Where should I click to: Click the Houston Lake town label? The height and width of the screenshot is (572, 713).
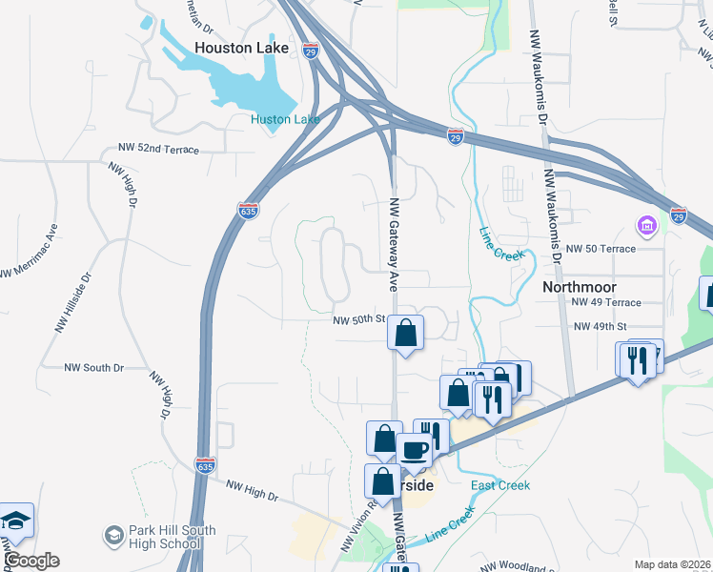click(234, 47)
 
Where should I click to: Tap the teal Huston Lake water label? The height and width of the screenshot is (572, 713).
click(285, 119)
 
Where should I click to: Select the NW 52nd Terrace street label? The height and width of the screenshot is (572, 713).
click(158, 149)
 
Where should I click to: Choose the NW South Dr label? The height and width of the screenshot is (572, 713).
click(93, 367)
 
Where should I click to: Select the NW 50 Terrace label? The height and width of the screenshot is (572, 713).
click(600, 249)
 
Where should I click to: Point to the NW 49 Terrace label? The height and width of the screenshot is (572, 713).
click(606, 302)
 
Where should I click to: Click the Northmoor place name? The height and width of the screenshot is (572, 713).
click(580, 286)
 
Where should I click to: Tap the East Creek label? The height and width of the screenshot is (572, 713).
click(500, 485)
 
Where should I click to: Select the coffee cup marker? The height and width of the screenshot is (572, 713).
click(414, 450)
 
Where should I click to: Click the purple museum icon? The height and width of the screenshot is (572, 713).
click(646, 227)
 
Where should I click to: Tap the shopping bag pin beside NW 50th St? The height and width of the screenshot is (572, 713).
click(406, 334)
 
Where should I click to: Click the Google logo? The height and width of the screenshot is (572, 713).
click(31, 561)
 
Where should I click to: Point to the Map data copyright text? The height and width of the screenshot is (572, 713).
click(673, 564)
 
